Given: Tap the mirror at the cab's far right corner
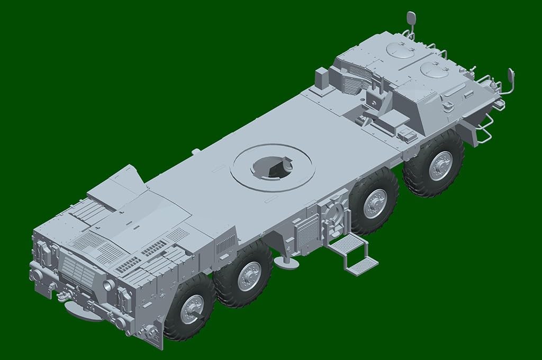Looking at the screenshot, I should (x=511, y=76).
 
